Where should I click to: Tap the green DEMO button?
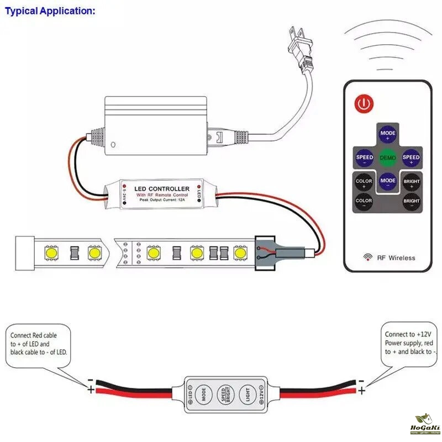point(387,158)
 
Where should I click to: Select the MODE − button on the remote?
point(387,181)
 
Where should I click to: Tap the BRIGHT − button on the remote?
point(412,202)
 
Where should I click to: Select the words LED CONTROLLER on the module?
point(162,189)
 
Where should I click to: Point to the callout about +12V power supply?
point(409,343)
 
